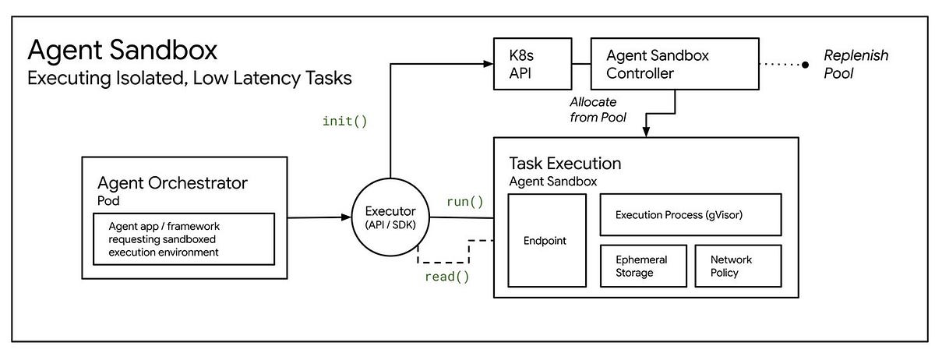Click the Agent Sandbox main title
(122, 51)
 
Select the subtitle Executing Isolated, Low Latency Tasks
(189, 79)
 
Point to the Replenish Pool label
(856, 64)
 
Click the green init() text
(344, 121)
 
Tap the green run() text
(464, 202)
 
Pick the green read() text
(446, 276)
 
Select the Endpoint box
(546, 241)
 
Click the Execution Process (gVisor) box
(690, 214)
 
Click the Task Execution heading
(565, 164)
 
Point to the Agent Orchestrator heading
(172, 183)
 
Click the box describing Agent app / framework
(183, 240)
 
